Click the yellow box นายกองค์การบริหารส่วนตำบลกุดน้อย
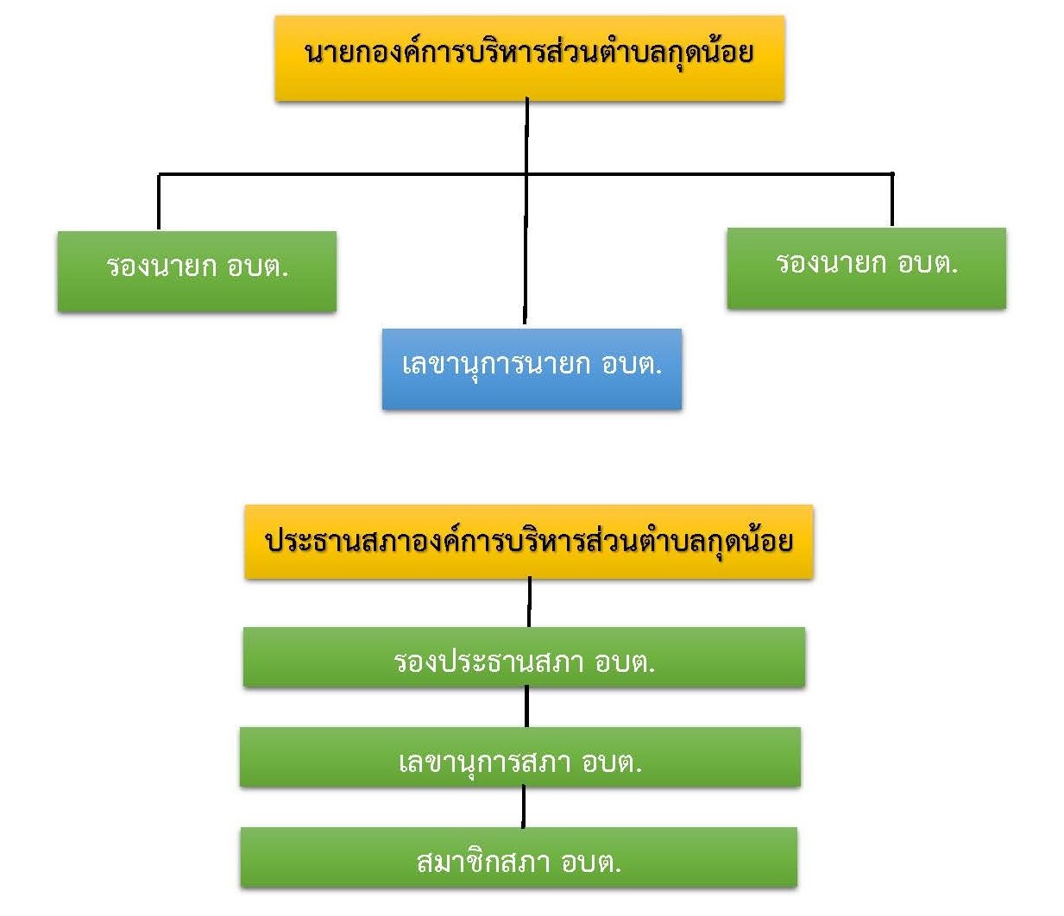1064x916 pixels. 529,58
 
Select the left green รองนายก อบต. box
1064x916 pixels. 197,271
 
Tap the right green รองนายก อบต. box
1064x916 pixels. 866,267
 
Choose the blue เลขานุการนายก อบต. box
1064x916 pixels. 532,368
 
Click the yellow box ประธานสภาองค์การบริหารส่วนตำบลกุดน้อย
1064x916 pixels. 529,541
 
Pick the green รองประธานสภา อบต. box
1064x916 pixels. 524,657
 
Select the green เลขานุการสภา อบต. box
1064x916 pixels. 519,756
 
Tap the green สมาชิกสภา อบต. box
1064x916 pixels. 519,857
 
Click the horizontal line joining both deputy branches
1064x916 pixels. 345,174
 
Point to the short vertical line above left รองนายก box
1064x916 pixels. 159,202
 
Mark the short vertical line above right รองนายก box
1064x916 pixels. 891,200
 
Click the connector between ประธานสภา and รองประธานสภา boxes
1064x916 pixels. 529,602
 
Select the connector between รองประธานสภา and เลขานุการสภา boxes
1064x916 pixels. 526,706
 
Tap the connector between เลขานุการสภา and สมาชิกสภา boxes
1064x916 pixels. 523,806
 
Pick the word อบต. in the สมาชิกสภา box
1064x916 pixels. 591,862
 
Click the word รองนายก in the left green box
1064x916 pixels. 161,266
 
